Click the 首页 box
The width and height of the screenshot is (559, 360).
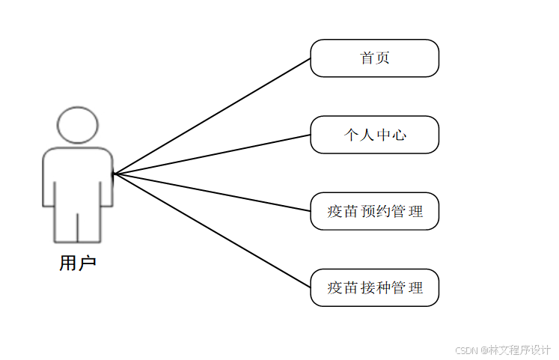(374, 58)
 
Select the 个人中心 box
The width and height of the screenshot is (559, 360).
(374, 135)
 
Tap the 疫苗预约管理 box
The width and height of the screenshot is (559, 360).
(374, 211)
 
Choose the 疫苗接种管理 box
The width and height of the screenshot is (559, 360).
(374, 287)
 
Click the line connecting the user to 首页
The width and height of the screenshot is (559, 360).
(212, 116)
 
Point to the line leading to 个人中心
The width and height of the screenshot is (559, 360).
(212, 154)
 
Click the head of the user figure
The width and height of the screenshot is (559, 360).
(78, 125)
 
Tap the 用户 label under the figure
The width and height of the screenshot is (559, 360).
(78, 263)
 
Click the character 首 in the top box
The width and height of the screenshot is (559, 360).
(367, 58)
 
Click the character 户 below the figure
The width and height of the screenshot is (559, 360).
(87, 263)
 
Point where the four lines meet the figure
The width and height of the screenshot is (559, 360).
(114, 174)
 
